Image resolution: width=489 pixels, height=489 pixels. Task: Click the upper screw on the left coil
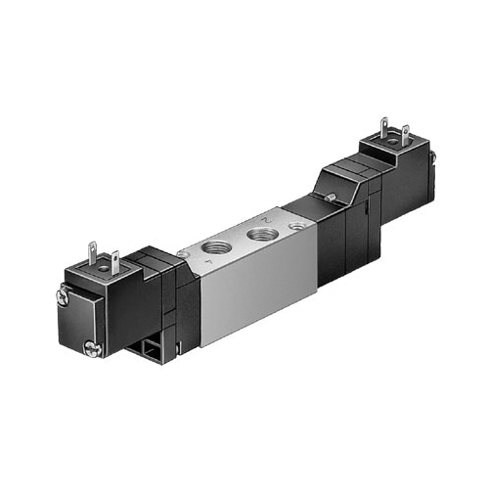(62, 291)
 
